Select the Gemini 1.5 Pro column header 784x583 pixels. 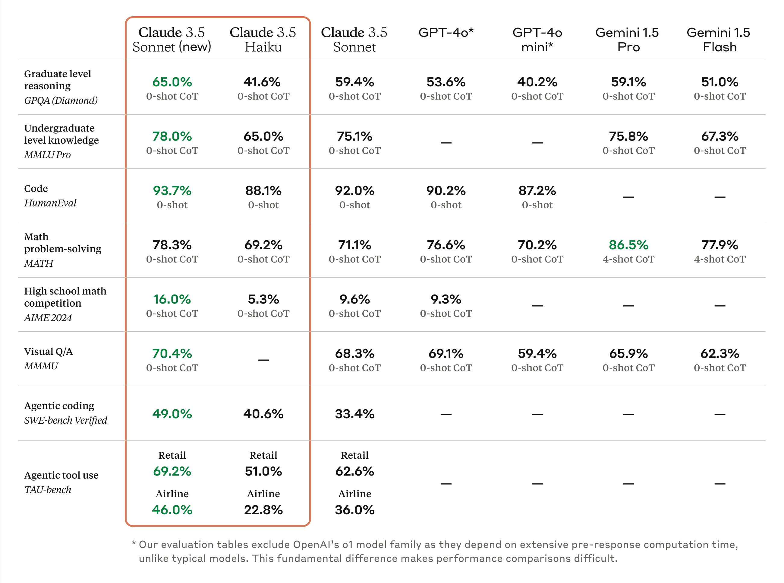tap(628, 40)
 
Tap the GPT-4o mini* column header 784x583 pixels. tap(537, 40)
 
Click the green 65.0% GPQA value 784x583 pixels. tap(172, 82)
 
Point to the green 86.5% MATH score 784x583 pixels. tap(628, 245)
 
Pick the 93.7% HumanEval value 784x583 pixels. tap(172, 191)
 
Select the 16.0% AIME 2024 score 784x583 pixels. tap(172, 299)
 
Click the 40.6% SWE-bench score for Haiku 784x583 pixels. tap(263, 414)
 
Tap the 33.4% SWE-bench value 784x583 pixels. tap(355, 414)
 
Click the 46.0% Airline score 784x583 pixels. tap(172, 510)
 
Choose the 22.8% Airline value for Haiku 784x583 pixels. tap(263, 510)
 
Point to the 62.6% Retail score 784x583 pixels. tap(355, 471)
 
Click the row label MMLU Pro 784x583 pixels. tap(48, 155)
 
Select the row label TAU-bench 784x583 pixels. tap(48, 490)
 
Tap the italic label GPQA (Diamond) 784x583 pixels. tap(61, 100)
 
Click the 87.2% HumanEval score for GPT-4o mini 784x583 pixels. tap(537, 191)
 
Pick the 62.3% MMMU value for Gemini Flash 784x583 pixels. tap(719, 354)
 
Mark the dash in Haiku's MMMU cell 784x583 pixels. tap(263, 360)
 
